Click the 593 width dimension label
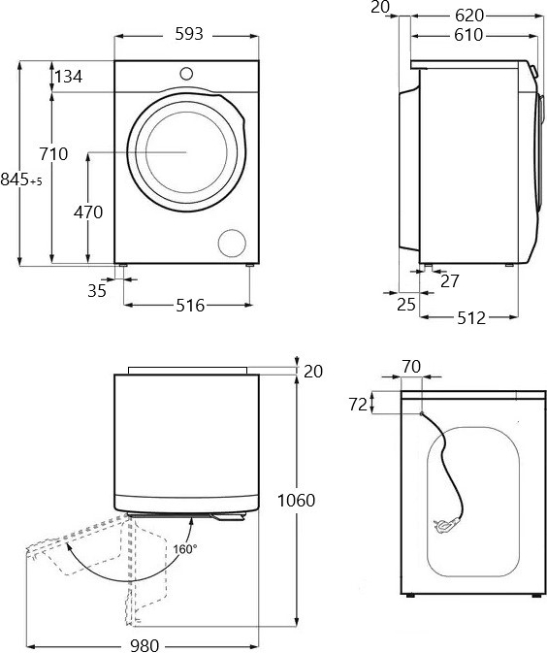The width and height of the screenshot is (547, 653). (x=188, y=34)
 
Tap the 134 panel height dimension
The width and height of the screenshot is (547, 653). (x=69, y=77)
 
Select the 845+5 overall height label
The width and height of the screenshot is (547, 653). (x=21, y=180)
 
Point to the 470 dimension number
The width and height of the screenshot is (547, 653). (x=88, y=212)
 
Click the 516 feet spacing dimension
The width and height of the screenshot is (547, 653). (x=190, y=306)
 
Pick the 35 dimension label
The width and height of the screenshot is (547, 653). (x=97, y=291)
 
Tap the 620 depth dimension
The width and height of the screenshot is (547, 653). (x=469, y=16)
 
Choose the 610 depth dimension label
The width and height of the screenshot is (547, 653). (x=468, y=35)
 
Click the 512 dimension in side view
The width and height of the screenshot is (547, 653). (x=471, y=318)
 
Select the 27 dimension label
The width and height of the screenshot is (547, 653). (x=450, y=281)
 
